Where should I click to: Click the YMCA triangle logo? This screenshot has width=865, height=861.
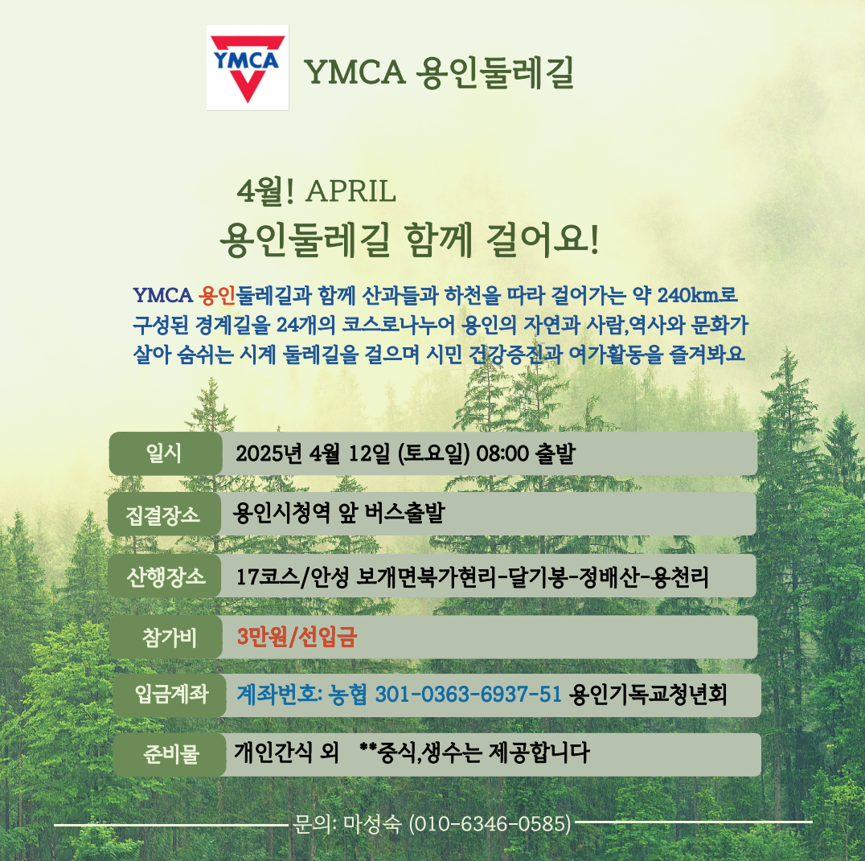point(248,68)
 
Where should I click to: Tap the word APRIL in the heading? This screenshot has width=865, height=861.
point(351,191)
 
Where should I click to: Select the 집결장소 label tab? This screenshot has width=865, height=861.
point(164,515)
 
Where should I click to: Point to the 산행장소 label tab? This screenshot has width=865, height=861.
point(165,576)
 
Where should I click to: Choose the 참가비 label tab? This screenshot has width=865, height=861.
point(166,638)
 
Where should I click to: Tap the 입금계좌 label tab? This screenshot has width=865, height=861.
point(170,695)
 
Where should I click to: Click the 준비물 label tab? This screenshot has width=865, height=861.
point(170,754)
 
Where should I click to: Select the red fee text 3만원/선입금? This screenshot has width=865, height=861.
point(297,637)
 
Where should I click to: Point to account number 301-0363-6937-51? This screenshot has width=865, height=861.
point(469,695)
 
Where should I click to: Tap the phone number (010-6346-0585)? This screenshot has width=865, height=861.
point(490,824)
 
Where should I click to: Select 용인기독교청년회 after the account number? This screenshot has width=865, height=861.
point(648,695)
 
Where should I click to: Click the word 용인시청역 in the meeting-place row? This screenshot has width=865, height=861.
point(281,513)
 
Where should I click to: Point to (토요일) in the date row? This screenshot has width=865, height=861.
point(433,454)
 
